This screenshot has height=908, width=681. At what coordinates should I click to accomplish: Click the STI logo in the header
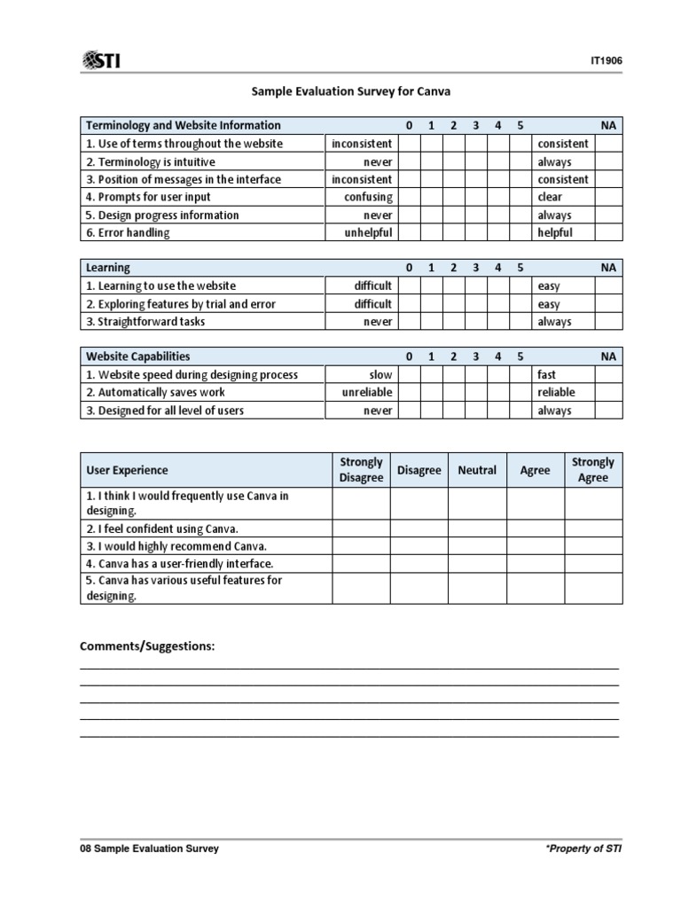point(102,60)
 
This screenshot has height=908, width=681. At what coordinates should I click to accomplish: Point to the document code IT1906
point(606,61)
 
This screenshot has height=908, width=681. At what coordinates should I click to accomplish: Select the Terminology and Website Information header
point(183,126)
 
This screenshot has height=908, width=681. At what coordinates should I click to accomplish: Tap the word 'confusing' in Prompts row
point(368,197)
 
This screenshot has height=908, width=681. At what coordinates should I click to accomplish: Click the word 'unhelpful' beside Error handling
point(368,232)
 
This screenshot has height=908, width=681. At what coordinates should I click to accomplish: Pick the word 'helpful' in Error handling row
point(555,232)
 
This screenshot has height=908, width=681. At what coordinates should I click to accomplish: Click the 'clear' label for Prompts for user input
point(550,197)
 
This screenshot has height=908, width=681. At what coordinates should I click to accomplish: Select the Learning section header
point(107,268)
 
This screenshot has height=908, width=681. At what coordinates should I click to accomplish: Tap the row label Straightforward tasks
point(145,322)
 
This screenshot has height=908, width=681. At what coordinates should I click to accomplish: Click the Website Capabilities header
point(137,356)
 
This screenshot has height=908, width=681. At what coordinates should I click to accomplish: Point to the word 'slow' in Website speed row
point(380,375)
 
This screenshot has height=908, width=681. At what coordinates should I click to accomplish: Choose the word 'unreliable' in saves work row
point(367,392)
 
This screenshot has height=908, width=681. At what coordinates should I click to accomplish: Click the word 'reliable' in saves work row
point(556,392)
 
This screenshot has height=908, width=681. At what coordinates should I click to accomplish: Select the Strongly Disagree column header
point(361,470)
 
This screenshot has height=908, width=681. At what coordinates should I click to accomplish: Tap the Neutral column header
point(477,470)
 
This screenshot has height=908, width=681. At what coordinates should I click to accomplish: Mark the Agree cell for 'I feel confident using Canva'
point(535,528)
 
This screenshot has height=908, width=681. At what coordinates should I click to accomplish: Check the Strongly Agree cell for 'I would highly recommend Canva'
point(593,546)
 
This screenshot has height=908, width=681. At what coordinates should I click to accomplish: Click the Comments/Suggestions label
point(147,646)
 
